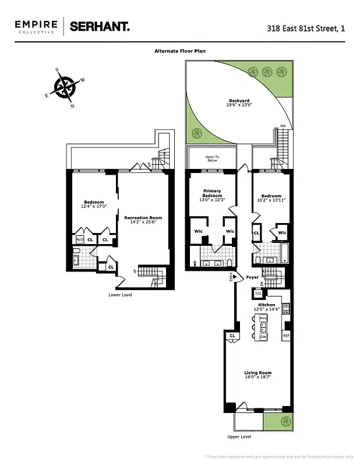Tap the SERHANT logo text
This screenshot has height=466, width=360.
click(x=100, y=26)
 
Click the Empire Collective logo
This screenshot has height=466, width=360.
click(x=36, y=26)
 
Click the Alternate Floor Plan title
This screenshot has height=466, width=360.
click(x=179, y=51)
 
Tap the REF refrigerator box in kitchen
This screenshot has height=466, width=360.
click(x=286, y=337)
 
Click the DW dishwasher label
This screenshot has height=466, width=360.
click(x=263, y=337)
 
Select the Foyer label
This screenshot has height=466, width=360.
click(x=252, y=277)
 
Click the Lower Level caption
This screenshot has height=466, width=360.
click(x=121, y=295)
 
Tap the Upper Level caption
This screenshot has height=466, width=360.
click(x=239, y=436)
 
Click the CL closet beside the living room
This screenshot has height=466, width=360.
click(x=232, y=336)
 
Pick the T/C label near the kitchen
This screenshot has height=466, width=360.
click(x=258, y=293)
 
